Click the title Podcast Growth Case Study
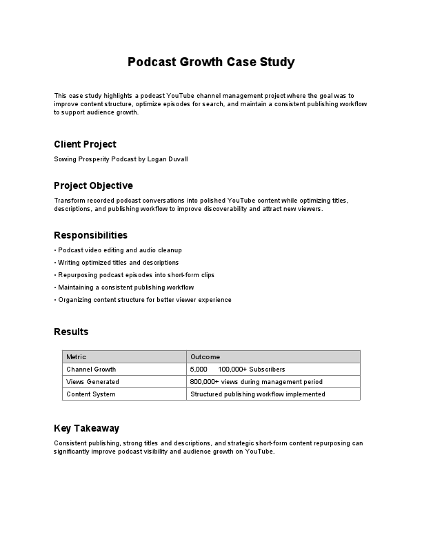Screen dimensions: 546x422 pos(211,62)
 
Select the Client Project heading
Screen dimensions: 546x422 pos(85,144)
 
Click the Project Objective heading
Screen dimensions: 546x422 pos(93,185)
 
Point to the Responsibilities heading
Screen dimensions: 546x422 pos(90,235)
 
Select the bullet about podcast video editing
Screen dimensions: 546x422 pos(117,250)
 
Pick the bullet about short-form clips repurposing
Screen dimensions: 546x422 pos(134,274)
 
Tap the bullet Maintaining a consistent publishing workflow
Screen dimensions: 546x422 pos(123,287)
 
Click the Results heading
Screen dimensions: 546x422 pos(71,332)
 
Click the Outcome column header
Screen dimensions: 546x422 pos(205,357)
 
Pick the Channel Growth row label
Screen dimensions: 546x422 pos(91,370)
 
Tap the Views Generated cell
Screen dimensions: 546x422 pos(92,382)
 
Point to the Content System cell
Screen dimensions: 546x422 pos(90,394)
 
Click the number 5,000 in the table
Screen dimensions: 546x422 pos(199,370)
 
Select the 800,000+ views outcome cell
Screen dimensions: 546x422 pos(256,382)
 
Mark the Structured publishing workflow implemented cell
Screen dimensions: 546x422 pos(257,394)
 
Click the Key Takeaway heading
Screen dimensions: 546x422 pos(86,428)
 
